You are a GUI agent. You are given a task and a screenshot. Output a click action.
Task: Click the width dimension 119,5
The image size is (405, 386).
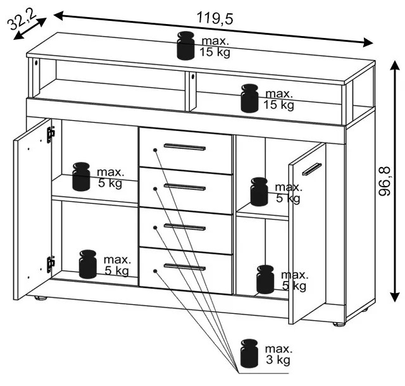tap(215, 18)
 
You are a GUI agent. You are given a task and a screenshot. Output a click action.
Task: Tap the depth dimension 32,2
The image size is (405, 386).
tap(22, 20)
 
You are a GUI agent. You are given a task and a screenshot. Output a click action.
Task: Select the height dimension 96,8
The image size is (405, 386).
tap(385, 182)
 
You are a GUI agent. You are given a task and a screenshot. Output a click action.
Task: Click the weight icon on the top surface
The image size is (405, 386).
tap(185, 46)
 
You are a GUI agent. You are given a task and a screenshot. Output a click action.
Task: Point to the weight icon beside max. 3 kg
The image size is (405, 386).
tap(249, 353)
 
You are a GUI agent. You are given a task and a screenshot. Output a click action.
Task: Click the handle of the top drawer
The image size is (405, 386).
tap(185, 147)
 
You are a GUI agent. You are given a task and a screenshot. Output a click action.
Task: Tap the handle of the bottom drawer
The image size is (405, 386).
tap(185, 267)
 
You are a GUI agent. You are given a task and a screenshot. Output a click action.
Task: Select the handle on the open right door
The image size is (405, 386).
tap(312, 169)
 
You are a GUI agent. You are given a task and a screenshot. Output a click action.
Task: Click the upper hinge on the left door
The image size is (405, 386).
tap(51, 135)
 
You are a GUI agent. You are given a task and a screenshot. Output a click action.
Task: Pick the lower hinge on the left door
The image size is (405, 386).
tap(51, 265)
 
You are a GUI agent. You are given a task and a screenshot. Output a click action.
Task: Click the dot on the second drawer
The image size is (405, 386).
tap(155, 189)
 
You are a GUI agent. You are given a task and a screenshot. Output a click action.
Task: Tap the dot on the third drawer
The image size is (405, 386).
tap(155, 227)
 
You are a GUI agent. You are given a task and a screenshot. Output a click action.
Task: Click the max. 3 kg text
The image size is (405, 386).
tap(278, 354)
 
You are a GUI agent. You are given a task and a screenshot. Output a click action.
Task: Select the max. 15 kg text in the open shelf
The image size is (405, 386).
tap(278, 99)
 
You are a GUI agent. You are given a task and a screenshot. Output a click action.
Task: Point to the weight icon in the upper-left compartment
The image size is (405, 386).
tap(82, 177)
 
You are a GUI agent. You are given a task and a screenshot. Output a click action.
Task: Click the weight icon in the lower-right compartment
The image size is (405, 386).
tap(265, 279)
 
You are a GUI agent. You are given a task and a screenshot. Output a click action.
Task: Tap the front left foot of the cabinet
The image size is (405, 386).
tap(40, 298)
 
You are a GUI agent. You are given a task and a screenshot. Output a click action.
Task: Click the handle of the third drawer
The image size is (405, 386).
tap(185, 227)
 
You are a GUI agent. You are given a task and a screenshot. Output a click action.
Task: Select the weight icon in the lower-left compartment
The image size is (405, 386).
tap(88, 264)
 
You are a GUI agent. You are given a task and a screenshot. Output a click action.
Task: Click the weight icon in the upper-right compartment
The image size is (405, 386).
tap(259, 192)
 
